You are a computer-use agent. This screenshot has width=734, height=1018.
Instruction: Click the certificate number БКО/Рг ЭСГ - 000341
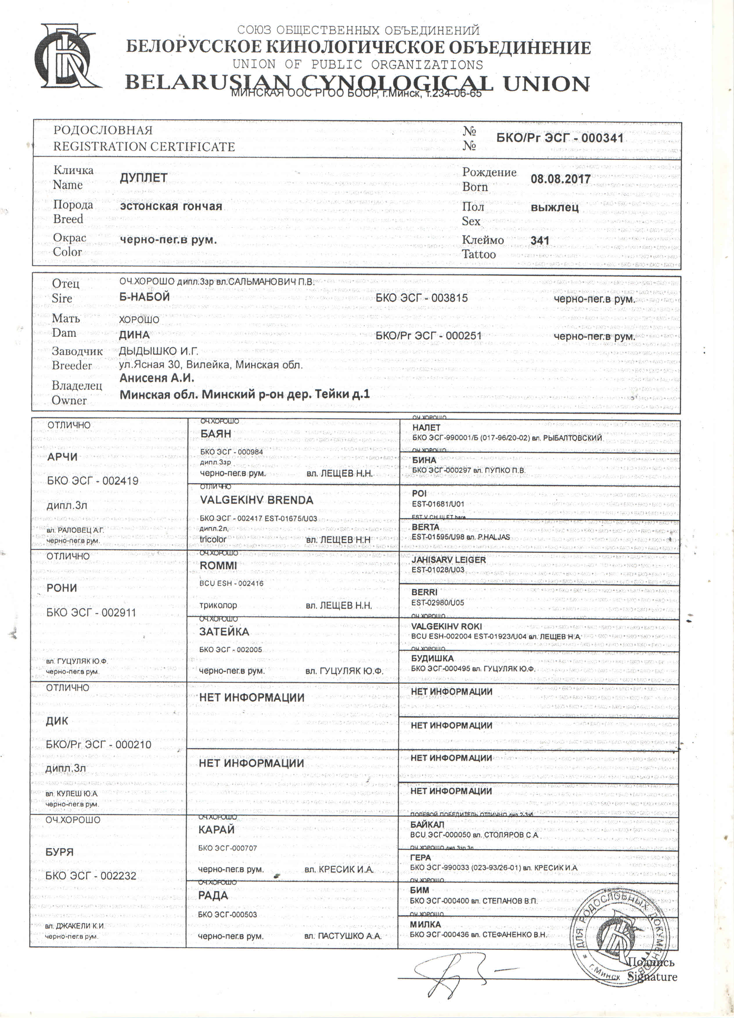[x=560, y=138]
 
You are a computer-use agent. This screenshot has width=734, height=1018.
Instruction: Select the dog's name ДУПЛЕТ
[x=143, y=178]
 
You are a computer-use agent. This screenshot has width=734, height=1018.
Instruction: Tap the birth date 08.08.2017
[x=560, y=179]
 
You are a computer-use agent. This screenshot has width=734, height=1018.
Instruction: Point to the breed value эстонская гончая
[x=171, y=206]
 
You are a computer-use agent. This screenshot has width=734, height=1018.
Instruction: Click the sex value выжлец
[x=555, y=207]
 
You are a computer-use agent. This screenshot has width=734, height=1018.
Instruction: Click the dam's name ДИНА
[x=134, y=334]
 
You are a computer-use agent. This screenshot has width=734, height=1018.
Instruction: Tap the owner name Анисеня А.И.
[x=156, y=378]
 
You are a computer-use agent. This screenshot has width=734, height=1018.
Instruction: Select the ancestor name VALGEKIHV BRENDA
[x=256, y=500]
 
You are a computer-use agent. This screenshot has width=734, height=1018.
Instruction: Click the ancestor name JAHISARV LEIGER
[x=448, y=560]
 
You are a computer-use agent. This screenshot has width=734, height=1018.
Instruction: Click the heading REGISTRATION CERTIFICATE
[x=144, y=147]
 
